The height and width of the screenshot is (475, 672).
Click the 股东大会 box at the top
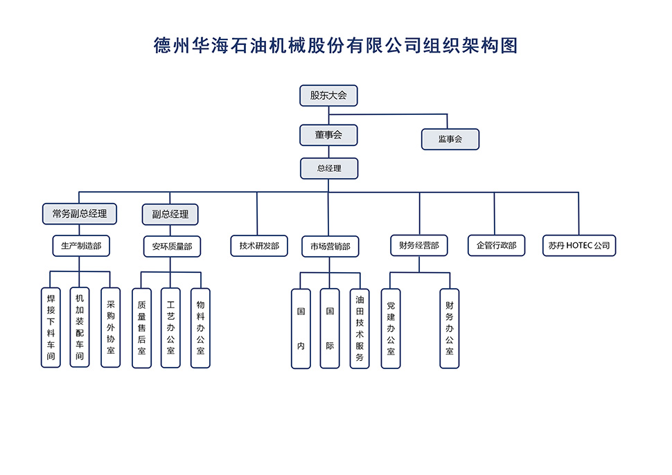328,96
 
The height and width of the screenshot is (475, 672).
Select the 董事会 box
328,135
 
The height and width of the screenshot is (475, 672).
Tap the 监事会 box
450,139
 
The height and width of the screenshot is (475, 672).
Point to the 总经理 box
329,168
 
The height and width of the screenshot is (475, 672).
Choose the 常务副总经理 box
80,213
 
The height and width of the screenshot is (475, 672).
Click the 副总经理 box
170,214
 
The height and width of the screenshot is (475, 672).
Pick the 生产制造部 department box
81,245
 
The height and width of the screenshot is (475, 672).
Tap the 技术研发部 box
259,245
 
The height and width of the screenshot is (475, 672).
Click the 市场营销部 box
330,246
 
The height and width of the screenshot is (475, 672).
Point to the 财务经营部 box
418,245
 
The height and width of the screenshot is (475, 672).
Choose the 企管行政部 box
496,245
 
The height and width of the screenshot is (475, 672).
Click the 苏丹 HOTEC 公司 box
578,245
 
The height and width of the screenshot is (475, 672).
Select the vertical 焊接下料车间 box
51,328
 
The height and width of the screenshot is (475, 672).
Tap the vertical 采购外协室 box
110,328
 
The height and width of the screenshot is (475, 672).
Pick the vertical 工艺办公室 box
170,328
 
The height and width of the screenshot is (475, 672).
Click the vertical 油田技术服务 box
360,328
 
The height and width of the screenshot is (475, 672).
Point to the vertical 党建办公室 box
391,328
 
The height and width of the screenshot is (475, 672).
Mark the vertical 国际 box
330,328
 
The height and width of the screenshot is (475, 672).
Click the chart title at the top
335,46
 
